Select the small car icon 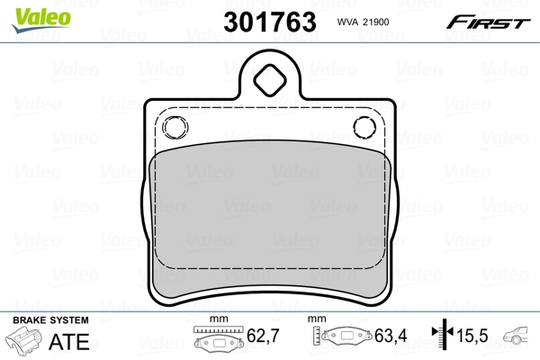click(x=519, y=339)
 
